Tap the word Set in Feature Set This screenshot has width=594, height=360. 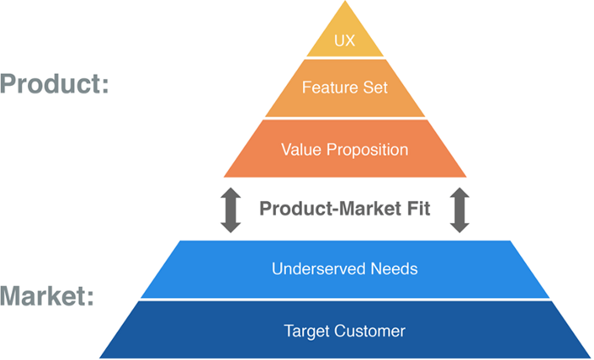click(374, 87)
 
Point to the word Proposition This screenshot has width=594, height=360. click(367, 150)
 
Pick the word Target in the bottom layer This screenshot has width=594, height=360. click(305, 330)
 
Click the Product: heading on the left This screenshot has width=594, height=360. click(54, 85)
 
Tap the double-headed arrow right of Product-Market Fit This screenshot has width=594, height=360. click(459, 209)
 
